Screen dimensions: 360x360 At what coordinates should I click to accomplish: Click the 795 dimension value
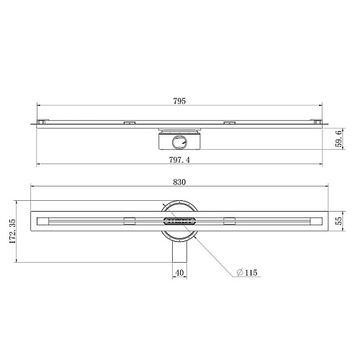point(179,101)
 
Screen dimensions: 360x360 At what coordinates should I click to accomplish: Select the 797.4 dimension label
point(179,160)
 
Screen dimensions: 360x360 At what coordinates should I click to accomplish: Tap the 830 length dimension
point(179,182)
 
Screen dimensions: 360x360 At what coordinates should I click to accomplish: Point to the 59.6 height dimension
point(338,139)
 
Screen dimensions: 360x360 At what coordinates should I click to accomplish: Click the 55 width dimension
point(338,221)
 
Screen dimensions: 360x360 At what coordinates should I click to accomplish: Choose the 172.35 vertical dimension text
point(12,231)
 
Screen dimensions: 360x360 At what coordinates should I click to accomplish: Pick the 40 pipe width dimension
point(179,273)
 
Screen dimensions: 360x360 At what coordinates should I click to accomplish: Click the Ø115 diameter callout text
point(247,273)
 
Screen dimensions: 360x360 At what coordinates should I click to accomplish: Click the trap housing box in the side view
point(179,142)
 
